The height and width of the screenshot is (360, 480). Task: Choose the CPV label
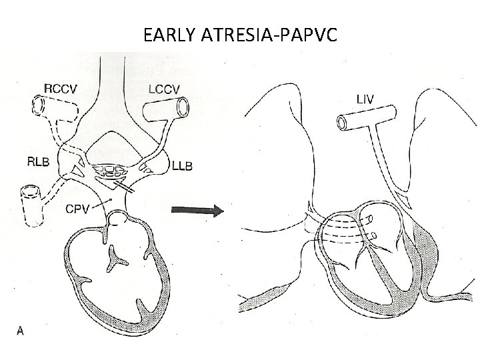[75, 207]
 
